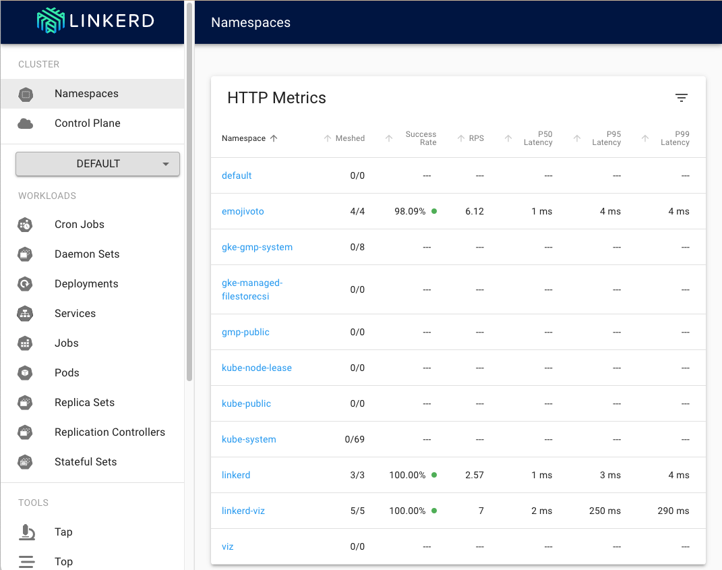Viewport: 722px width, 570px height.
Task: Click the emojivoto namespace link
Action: [243, 212]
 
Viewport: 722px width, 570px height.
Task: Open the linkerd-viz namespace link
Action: [243, 511]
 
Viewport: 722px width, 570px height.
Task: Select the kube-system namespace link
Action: [249, 439]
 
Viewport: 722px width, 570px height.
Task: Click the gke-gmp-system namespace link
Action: [257, 247]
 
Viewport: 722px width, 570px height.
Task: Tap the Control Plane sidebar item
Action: [88, 123]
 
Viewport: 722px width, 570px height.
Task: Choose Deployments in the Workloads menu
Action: [86, 284]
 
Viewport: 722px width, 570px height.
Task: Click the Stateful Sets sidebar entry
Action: [86, 461]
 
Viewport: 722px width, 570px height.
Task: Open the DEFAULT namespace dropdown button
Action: [98, 164]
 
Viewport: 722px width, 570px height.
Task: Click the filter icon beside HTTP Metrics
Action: [682, 98]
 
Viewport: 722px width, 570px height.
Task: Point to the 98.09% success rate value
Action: [410, 212]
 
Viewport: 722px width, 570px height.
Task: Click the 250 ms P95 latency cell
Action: [605, 511]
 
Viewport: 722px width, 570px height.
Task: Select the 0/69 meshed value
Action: [355, 439]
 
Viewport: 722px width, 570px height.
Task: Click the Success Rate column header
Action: [421, 138]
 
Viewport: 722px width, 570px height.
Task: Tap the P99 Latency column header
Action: [675, 138]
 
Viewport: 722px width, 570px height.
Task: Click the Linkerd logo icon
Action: [51, 21]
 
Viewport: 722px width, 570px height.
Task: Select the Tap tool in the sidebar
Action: [63, 532]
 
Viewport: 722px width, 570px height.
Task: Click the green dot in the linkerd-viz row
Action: [434, 511]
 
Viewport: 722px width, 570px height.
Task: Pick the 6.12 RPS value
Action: [475, 212]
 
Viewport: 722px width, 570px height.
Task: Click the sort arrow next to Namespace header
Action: [274, 138]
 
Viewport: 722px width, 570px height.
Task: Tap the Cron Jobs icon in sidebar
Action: [26, 225]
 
